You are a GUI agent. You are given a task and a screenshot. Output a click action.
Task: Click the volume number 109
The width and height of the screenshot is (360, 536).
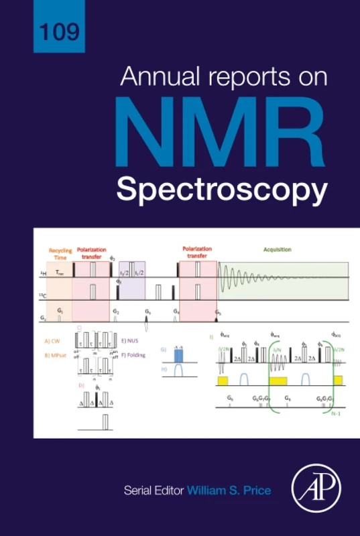[x=60, y=31]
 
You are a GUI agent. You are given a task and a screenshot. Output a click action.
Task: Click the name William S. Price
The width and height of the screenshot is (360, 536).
[x=229, y=490]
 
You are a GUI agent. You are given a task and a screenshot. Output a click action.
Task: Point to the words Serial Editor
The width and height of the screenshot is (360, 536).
[x=154, y=490]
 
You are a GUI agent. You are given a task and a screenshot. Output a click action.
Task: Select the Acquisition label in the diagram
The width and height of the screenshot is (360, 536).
[x=277, y=249]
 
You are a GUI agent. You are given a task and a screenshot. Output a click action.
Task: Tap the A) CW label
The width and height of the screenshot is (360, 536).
[x=53, y=340]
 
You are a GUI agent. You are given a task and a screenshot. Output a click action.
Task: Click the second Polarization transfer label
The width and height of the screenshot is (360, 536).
[x=197, y=252]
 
